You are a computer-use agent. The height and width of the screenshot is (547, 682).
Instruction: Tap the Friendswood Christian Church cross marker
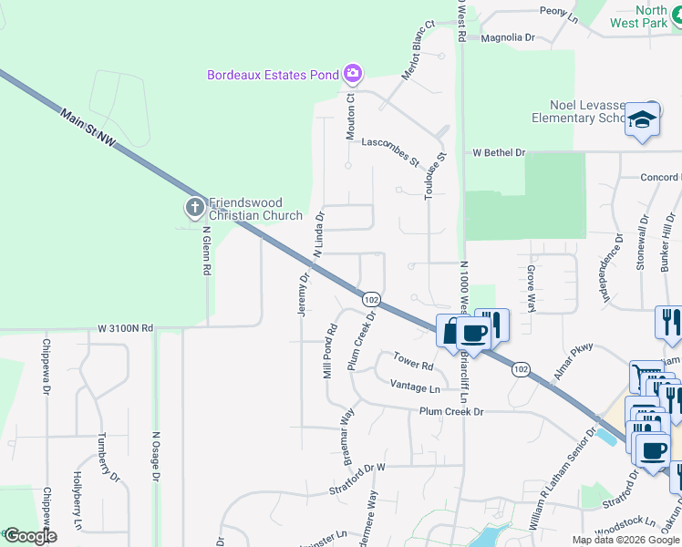pos(194,209)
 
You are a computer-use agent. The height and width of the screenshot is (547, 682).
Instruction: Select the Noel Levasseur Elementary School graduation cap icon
pos(642,119)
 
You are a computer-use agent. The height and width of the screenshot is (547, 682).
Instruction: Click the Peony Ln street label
pos(560,15)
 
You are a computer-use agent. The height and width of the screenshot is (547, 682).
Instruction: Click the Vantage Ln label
pos(415,387)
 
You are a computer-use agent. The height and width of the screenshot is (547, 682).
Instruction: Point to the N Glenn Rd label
pos(206,251)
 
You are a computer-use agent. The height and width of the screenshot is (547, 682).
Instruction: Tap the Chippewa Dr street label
pos(45,367)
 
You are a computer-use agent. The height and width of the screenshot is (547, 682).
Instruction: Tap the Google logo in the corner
pos(30,536)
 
